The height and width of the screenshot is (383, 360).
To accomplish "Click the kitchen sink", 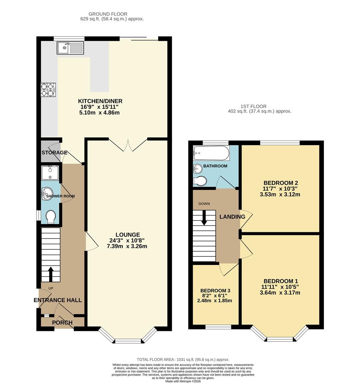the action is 70,48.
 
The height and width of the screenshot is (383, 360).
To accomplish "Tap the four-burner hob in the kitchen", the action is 48,90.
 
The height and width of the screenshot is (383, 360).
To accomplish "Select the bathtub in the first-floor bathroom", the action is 211,153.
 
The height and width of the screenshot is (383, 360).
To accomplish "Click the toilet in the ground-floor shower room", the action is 51,217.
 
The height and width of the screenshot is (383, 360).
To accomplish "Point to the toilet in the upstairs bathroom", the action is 200,181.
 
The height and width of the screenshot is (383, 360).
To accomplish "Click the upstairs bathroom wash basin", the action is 198,168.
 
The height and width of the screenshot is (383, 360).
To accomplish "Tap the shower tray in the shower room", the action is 50,173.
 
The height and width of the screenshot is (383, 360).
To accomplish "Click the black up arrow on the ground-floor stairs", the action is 51,274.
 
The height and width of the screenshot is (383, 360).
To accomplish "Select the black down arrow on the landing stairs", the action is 204,218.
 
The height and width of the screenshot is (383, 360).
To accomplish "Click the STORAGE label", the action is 55,152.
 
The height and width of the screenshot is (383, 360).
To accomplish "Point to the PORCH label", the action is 62,323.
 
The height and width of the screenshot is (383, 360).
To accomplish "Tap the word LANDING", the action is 232,217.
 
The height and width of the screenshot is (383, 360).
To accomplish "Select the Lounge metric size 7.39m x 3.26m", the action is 127,246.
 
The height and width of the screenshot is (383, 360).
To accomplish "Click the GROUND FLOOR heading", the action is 108,14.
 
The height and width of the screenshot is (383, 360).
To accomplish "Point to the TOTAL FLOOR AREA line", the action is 183,360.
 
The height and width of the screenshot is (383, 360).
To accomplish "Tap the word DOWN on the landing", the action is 204,204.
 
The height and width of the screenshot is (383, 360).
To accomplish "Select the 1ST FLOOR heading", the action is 254,106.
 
